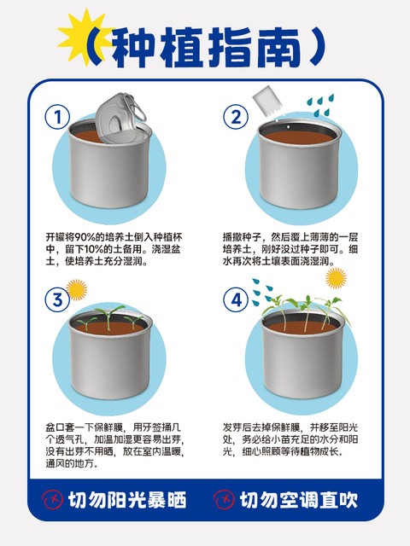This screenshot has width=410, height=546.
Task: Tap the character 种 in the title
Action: click(x=133, y=47)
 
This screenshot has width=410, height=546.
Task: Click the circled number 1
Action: click(x=57, y=117)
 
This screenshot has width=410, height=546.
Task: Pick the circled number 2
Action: click(x=236, y=117)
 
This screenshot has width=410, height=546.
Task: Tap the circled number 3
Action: click(x=57, y=299)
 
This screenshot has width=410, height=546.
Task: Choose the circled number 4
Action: click(x=236, y=299)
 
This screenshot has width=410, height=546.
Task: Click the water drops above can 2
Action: click(x=320, y=105)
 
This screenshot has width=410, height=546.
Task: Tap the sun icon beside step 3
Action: click(x=76, y=290)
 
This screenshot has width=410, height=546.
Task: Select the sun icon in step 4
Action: click(x=336, y=278)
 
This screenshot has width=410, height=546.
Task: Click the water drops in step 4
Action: click(x=263, y=292)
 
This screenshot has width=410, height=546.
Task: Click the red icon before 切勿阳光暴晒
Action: click(x=53, y=500)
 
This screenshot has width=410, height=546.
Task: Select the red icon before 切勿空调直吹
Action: click(x=224, y=500)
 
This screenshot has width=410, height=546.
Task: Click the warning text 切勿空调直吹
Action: click(x=299, y=501)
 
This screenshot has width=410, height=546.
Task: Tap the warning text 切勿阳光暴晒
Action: click(x=127, y=501)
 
